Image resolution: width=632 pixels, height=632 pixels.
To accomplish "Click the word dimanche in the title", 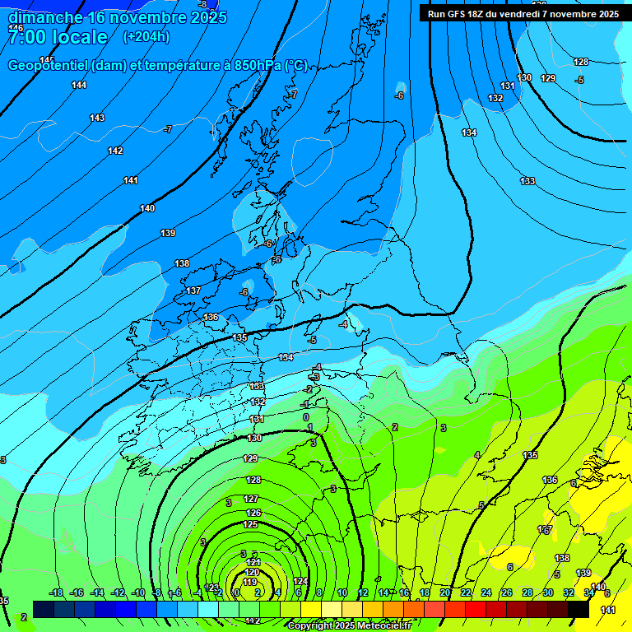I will click(x=45, y=17).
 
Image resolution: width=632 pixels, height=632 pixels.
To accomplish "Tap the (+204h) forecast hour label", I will click(x=146, y=36).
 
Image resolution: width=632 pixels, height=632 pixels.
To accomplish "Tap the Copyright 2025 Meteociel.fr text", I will click(x=349, y=625).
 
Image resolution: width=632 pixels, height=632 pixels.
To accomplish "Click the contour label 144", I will click(x=79, y=85).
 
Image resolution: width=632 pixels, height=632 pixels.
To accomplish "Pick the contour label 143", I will click(x=97, y=118).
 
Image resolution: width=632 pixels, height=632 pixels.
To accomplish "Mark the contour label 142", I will click(x=115, y=151).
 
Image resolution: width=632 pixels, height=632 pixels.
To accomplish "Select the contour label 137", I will click(x=193, y=290).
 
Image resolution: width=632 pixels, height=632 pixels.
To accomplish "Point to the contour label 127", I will click(x=252, y=499).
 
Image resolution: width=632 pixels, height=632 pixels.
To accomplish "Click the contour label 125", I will click(x=251, y=524).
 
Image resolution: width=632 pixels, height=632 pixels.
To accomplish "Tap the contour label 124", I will click(x=301, y=581).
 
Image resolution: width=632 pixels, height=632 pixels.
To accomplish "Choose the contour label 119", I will click(x=251, y=583).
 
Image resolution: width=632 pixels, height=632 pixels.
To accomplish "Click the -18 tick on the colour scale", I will click(x=56, y=592).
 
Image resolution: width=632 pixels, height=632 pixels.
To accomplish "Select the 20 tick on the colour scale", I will click(x=445, y=592).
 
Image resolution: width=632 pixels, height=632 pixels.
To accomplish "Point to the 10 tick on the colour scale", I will click(x=342, y=592).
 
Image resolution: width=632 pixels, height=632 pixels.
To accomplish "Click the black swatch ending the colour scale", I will click(x=579, y=609).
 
